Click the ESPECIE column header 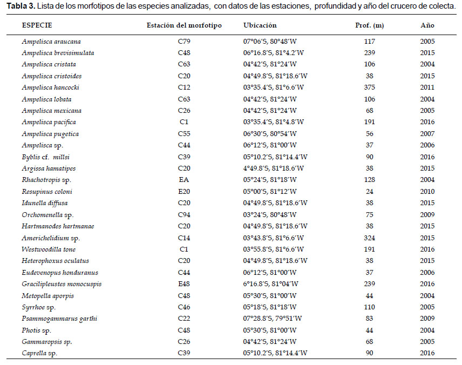coord(37,25)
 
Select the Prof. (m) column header coord(370,25)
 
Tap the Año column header coord(427,25)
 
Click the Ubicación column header coord(260,25)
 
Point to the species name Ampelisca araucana coord(51,42)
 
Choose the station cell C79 coord(184,42)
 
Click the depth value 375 coord(370,87)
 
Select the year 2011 coord(427,87)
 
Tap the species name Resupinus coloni coord(47,192)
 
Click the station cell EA coord(184,180)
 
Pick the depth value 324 coord(370,238)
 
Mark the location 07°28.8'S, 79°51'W coord(273,319)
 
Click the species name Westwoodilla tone coord(49,249)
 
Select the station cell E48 coord(184,284)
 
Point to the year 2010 coord(427,192)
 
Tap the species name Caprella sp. coord(39,353)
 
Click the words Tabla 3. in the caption coord(21,6)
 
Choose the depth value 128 coord(370,180)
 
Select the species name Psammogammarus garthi coord(59,319)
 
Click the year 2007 coord(427,134)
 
